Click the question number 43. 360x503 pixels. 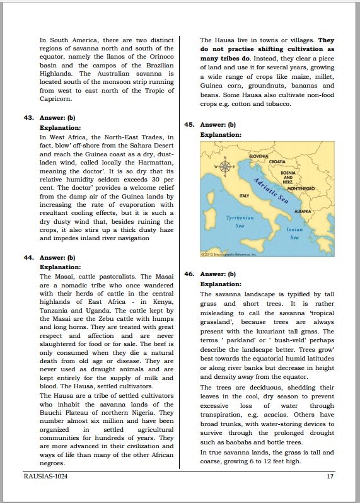click(x=29, y=117)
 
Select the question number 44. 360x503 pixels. click(x=29, y=257)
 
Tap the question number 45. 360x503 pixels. click(x=189, y=125)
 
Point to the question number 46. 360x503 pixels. click(x=189, y=274)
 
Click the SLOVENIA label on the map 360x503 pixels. click(x=259, y=156)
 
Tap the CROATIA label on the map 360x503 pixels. click(x=277, y=161)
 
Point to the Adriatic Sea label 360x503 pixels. click(x=270, y=190)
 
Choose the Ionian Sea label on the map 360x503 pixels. click(x=294, y=234)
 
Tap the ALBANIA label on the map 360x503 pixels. click(x=303, y=211)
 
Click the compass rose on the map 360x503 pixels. click(x=223, y=166)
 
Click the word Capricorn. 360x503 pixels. click(x=56, y=98)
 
